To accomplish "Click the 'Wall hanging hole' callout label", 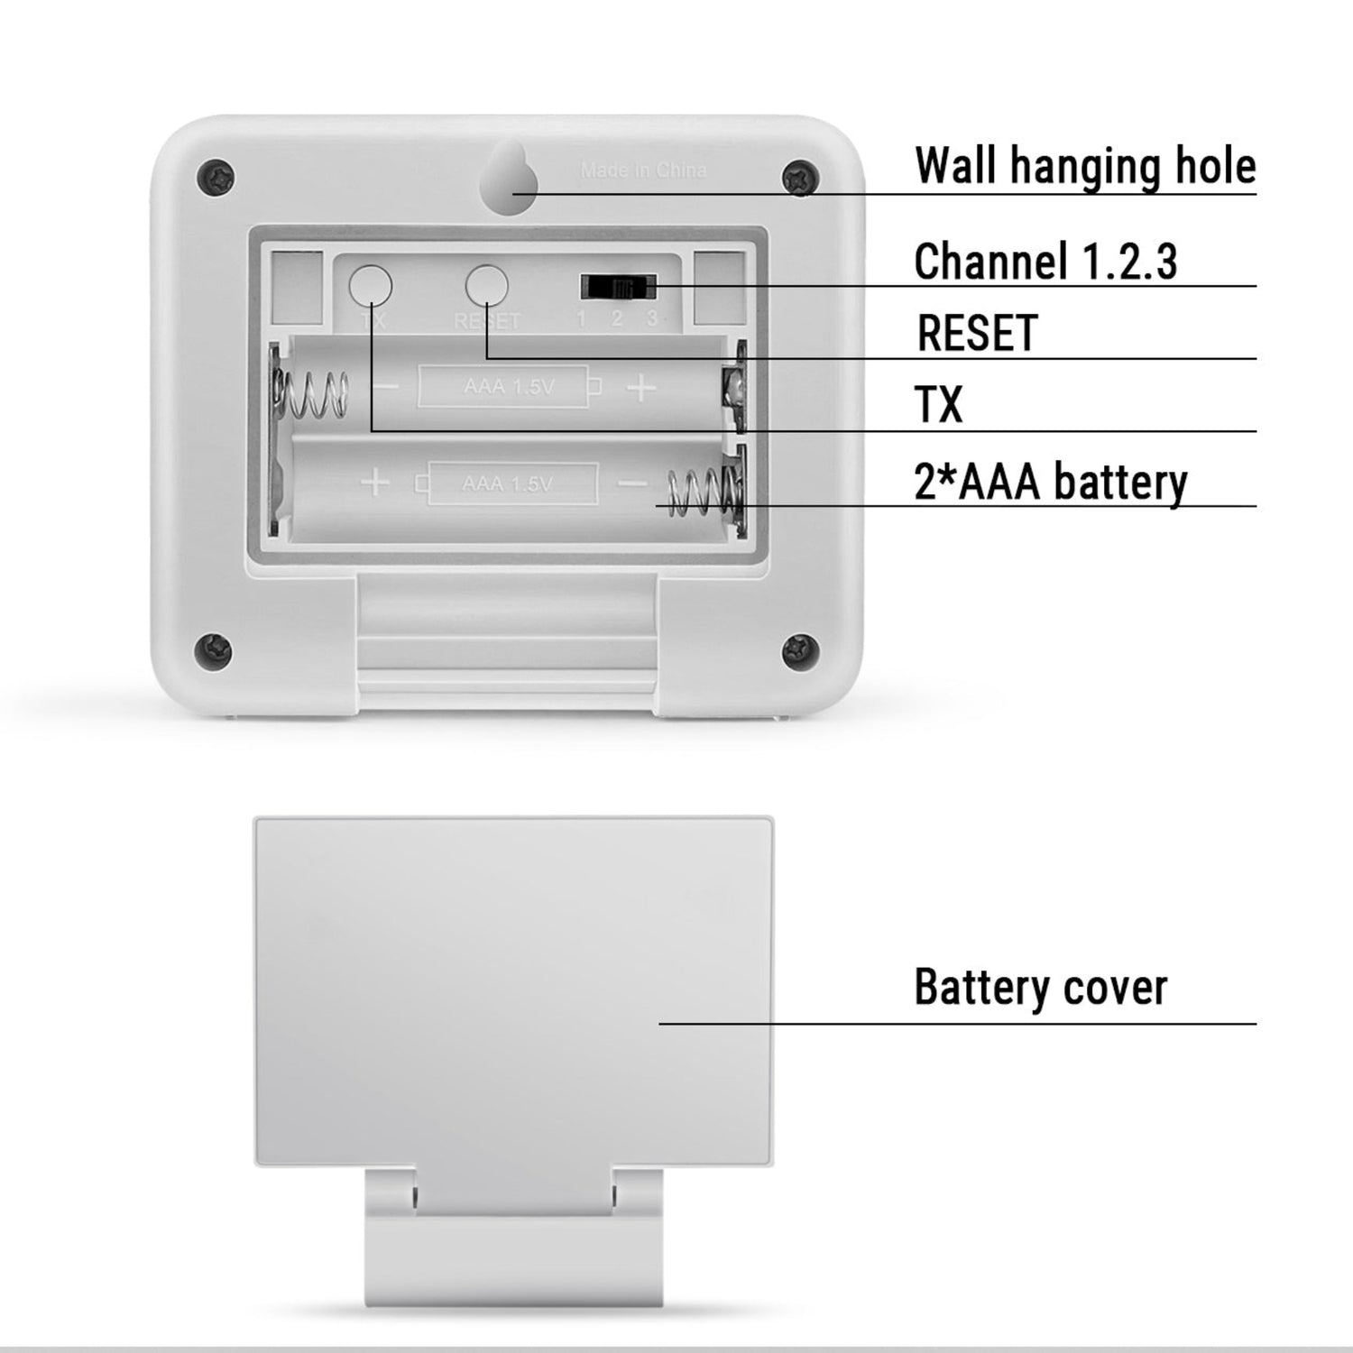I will point(1084,166).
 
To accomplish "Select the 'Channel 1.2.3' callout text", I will point(1045,262).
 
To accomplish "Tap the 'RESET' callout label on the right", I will point(977,333).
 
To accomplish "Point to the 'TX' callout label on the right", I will point(939,404).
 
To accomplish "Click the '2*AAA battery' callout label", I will point(1051,482).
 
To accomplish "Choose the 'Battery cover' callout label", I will point(1040,987).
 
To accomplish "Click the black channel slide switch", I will point(618,288).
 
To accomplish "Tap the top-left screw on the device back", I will point(215,174).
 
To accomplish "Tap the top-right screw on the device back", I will point(799,176).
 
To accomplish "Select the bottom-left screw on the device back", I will point(215,647).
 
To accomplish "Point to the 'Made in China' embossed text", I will point(643,170).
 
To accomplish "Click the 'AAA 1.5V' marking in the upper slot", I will point(509,387).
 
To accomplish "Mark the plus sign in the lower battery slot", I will point(375,483).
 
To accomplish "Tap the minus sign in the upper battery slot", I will point(388,388).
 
